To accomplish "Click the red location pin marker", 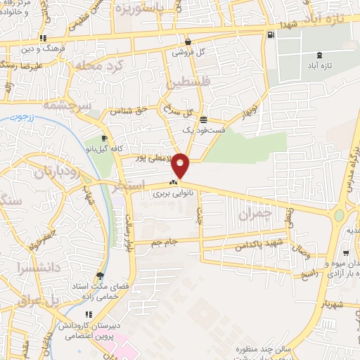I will click(x=181, y=165).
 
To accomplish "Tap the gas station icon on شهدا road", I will click(x=270, y=34).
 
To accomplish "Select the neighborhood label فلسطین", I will click(x=189, y=83).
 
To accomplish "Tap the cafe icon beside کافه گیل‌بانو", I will click(x=104, y=138).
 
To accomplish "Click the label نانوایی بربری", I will click(x=173, y=192).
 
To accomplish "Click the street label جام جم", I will click(x=164, y=243).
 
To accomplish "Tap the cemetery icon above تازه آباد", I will click(x=320, y=55).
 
